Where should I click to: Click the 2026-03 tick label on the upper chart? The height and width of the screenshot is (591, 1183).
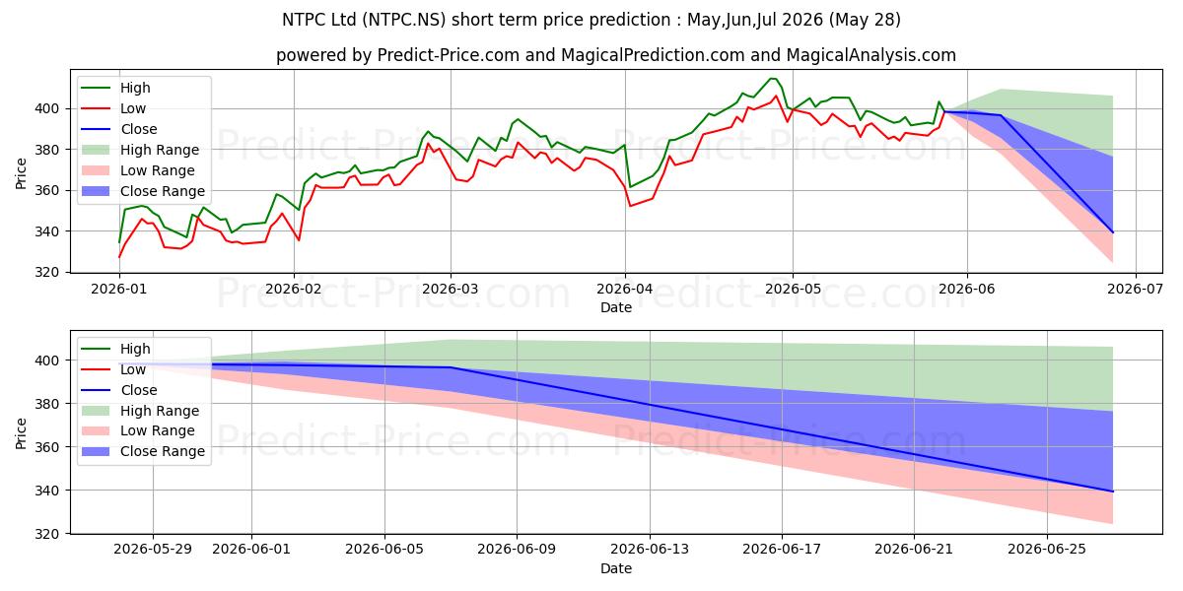point(451,290)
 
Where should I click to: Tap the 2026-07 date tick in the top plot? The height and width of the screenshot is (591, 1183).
point(1135,290)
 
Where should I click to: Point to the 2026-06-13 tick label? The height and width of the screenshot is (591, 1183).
point(650,550)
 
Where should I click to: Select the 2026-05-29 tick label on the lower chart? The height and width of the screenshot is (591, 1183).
point(153,550)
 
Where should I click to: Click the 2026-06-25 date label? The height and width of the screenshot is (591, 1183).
point(1047,550)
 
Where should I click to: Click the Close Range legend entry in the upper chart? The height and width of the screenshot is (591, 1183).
point(143,191)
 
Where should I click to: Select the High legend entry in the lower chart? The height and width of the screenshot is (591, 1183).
point(116,349)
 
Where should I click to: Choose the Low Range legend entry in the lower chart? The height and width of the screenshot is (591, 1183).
point(138,430)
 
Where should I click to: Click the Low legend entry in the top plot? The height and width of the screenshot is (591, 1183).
point(113,108)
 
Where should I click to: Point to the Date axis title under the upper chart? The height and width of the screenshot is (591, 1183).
point(616,307)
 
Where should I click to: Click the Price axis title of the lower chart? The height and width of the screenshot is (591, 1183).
point(21,433)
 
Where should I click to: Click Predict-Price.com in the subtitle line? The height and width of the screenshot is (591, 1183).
point(449,55)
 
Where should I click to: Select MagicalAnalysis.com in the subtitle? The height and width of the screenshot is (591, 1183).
point(870,55)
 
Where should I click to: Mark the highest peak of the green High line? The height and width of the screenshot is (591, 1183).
point(773,79)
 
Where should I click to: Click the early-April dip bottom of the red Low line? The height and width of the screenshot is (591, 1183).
point(630,206)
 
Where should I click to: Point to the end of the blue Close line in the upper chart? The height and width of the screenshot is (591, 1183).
point(1113,232)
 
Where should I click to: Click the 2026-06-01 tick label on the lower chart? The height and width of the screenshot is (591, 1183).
point(251,550)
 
